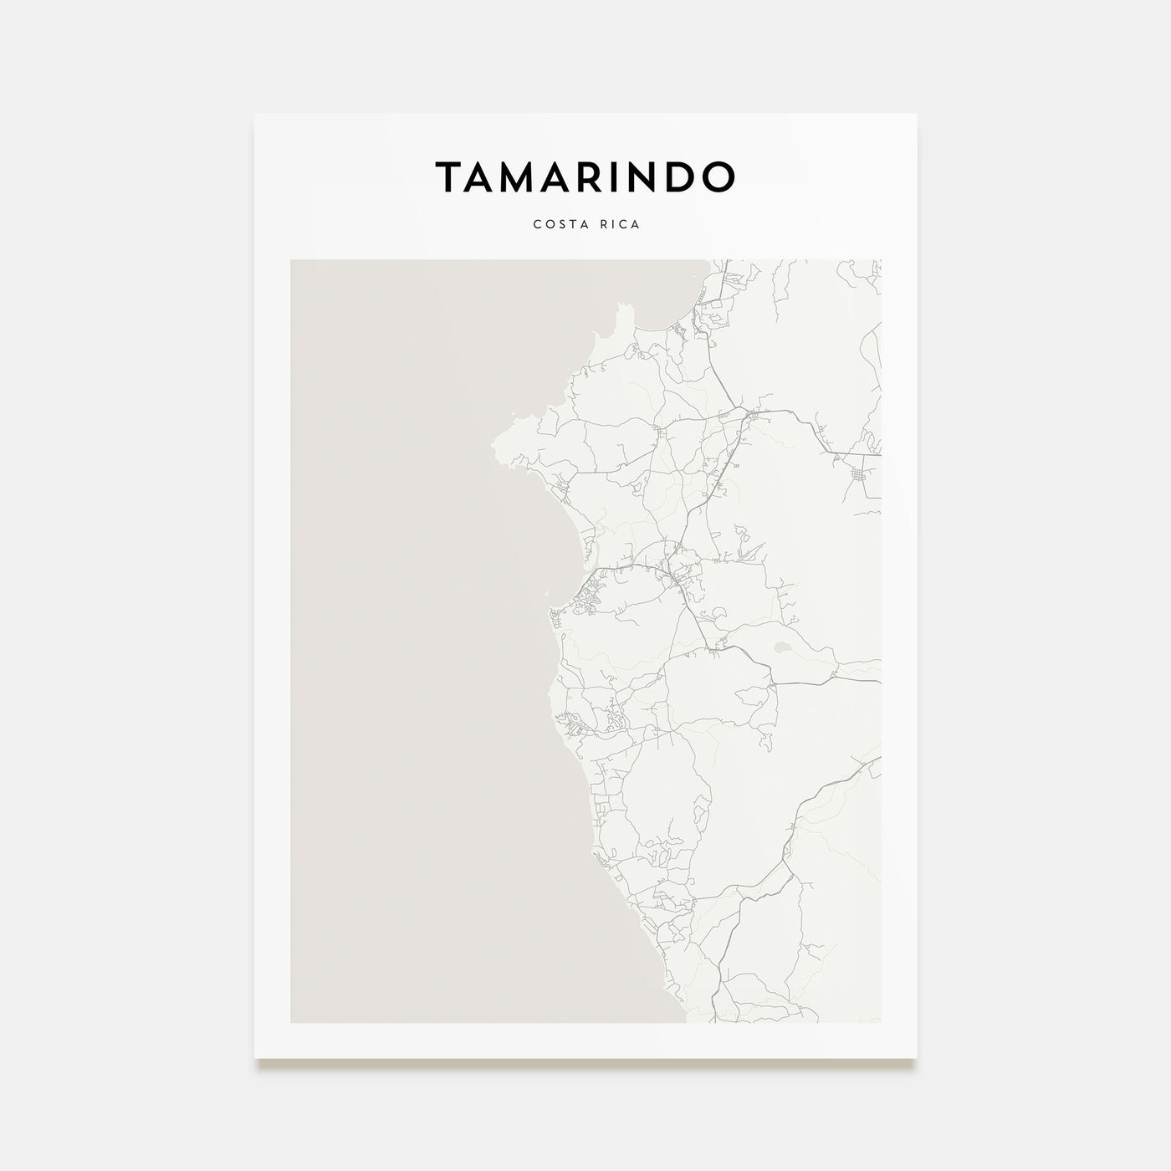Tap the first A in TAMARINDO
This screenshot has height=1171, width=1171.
[485, 176]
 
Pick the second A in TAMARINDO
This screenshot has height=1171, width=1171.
[568, 176]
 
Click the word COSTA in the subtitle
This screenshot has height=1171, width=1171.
[555, 225]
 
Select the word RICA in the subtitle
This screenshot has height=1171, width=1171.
[620, 225]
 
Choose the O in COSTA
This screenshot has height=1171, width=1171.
[543, 225]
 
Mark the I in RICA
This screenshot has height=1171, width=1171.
[613, 225]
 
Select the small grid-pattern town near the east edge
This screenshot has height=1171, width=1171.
[860, 477]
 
